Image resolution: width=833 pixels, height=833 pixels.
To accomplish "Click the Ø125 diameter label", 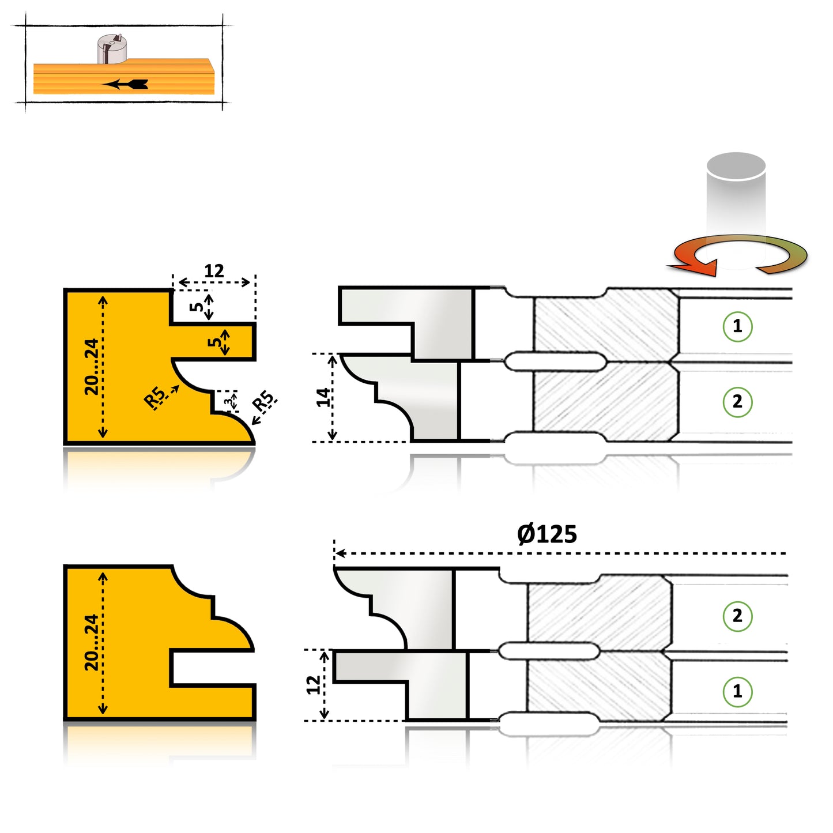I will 546,534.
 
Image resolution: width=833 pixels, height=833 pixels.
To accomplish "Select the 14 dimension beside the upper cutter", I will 323,397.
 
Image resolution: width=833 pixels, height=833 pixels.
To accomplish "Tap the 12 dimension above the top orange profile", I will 214,271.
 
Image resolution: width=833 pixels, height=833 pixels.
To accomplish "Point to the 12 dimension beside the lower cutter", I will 313,684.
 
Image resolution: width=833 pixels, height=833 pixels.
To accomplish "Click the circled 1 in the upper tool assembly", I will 737,326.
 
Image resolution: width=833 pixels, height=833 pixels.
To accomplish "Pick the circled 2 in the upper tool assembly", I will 737,401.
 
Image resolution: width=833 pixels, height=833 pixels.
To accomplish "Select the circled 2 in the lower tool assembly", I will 737,616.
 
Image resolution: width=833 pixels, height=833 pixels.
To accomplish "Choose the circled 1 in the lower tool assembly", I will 737,691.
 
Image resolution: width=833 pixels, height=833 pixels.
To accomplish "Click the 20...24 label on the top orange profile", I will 92,367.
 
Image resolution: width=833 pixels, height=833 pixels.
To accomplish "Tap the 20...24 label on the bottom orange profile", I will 92,642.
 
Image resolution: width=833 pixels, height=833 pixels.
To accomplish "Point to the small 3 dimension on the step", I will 229,401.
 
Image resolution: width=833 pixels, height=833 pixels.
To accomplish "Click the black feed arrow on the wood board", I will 126,84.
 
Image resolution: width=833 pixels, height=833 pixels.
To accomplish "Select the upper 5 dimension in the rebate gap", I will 197,306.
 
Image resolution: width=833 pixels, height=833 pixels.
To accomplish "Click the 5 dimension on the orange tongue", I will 214,341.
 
